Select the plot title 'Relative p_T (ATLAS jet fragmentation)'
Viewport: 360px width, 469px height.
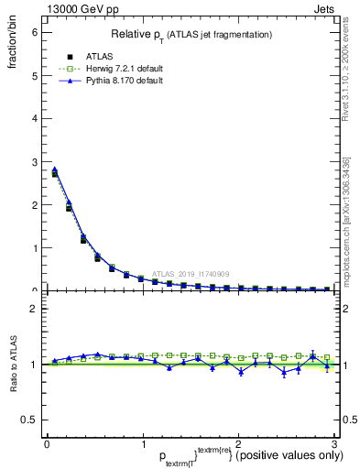pyautogui.click(x=191, y=34)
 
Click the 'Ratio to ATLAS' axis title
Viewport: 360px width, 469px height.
pyautogui.click(x=13, y=366)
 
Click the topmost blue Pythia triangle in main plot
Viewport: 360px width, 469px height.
pyautogui.click(x=54, y=169)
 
